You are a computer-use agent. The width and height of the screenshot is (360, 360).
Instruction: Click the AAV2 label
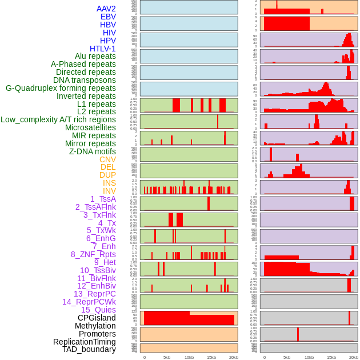(106, 9)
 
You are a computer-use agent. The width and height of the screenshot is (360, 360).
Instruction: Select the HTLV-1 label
(103, 49)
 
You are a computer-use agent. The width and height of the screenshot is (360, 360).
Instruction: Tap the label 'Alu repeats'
(95, 57)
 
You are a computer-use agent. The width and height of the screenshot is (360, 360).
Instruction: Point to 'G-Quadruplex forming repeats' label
(61, 88)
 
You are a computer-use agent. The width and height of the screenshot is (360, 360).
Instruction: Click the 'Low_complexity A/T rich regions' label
(58, 119)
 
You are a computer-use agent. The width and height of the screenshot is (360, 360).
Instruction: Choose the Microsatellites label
(90, 127)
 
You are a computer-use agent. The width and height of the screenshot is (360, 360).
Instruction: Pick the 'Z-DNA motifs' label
(93, 151)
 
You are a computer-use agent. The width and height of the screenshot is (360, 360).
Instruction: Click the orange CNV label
(107, 159)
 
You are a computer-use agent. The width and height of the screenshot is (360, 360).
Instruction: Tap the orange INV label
(109, 191)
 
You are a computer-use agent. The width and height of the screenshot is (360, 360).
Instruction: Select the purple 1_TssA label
(103, 199)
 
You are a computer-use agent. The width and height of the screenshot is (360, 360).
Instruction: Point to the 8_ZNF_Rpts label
(93, 254)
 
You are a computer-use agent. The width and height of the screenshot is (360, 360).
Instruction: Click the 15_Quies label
(98, 310)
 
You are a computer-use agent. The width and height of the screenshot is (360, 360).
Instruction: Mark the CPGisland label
(97, 318)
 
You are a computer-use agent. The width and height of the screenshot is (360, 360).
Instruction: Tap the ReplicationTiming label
(85, 342)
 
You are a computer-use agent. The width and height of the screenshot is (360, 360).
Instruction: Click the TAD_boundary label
(89, 349)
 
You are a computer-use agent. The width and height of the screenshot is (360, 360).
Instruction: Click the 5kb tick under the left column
(167, 357)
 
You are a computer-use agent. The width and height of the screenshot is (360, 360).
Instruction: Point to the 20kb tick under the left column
(234, 357)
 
